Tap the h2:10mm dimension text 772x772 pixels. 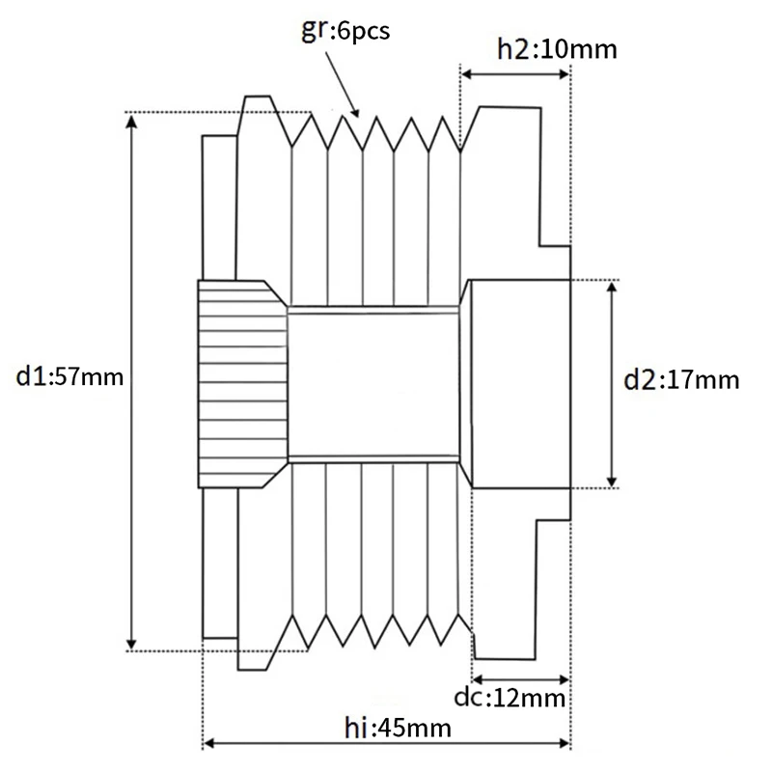pos(556,47)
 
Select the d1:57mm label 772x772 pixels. pos(70,376)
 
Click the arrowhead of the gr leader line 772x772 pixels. pos(358,112)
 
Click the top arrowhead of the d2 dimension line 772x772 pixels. pos(611,287)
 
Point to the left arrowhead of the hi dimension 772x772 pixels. pos(207,744)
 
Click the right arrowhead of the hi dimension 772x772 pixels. pos(566,744)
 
